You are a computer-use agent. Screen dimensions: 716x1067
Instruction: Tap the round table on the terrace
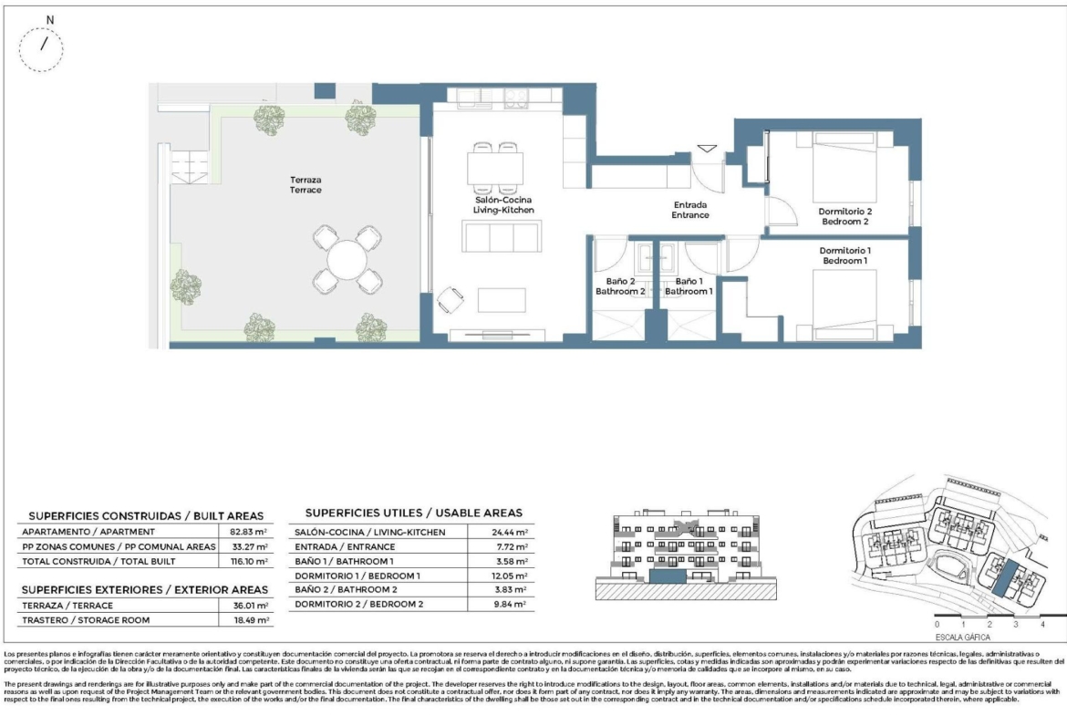[345, 260]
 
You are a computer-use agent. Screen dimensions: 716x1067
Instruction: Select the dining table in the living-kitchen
[495, 168]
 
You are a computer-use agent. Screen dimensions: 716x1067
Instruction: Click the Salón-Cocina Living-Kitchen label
[502, 205]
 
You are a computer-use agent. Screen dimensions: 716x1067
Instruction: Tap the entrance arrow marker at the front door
[708, 148]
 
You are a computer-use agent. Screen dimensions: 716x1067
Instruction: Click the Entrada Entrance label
[690, 211]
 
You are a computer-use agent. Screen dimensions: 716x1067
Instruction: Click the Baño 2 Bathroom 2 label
[619, 286]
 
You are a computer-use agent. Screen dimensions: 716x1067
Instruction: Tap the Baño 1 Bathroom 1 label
[688, 286]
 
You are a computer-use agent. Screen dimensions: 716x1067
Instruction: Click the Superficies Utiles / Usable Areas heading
[413, 513]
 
